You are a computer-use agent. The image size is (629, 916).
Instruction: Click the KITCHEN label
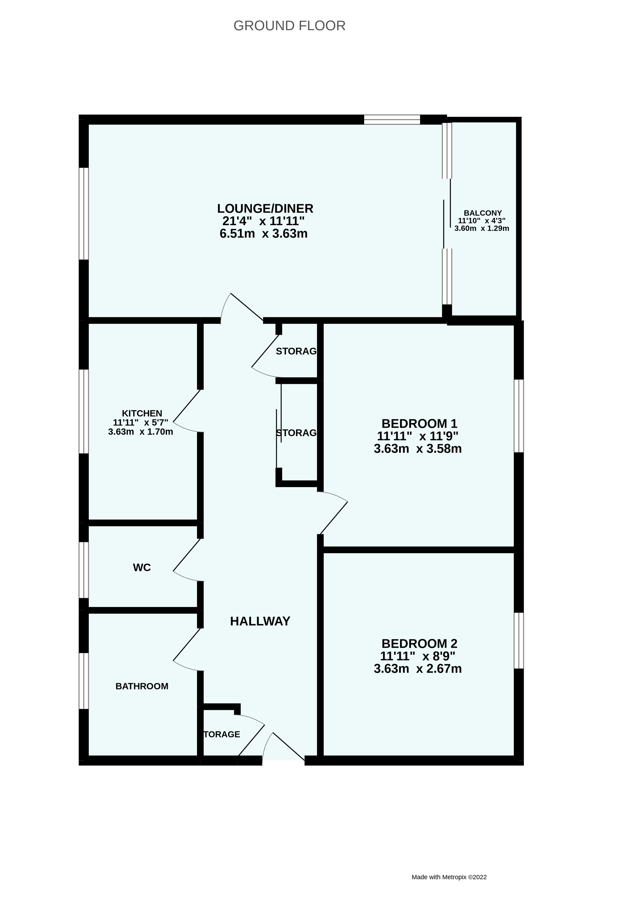[x=142, y=413]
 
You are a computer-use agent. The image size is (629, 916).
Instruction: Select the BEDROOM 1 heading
[x=419, y=424]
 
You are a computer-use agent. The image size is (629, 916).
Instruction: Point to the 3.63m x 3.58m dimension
[x=418, y=449]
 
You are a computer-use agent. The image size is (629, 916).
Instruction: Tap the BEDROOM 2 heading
[x=419, y=644]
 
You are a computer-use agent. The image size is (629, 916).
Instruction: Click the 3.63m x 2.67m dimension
[x=418, y=669]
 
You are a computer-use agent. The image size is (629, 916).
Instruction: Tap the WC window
[x=83, y=570]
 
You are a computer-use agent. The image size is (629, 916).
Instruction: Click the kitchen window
[x=83, y=411]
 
